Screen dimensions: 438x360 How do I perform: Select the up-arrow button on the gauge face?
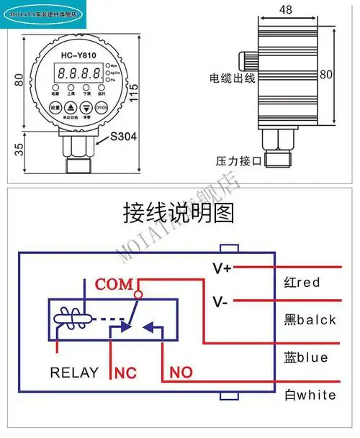pyautogui.click(x=71, y=107)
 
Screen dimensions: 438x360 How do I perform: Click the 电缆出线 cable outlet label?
pyautogui.click(x=232, y=78)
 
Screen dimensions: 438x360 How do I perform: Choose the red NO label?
pyautogui.click(x=181, y=373)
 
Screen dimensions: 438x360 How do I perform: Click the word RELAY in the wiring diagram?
pyautogui.click(x=74, y=373)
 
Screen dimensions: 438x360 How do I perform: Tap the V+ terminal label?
pyautogui.click(x=222, y=268)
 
